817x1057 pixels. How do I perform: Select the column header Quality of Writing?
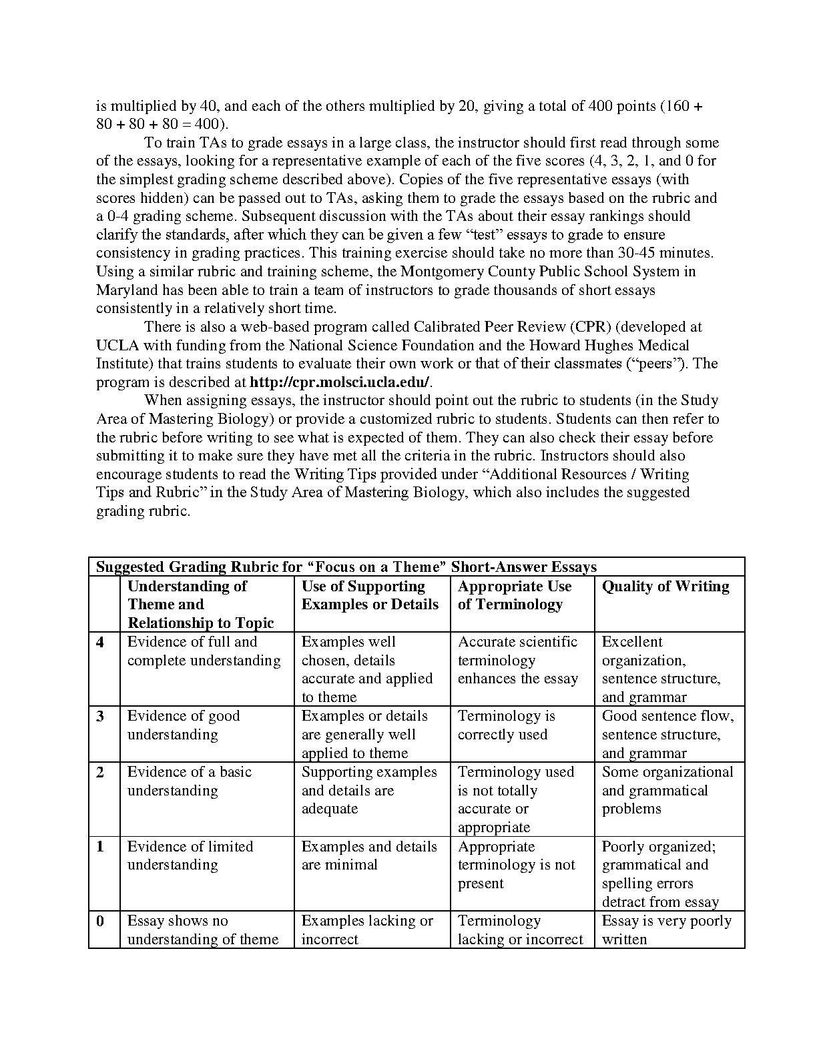pyautogui.click(x=665, y=587)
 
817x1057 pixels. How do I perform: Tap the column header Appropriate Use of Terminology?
pyautogui.click(x=515, y=595)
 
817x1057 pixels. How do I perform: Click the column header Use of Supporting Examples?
pyautogui.click(x=370, y=595)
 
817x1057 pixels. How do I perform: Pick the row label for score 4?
pyautogui.click(x=100, y=642)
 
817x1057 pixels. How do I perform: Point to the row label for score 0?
pyautogui.click(x=100, y=921)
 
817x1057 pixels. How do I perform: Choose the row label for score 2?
pyautogui.click(x=100, y=772)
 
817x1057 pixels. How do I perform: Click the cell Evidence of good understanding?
pyautogui.click(x=184, y=725)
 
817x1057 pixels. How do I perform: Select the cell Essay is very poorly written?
pyautogui.click(x=666, y=930)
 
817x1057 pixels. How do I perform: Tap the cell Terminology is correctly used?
pyautogui.click(x=506, y=725)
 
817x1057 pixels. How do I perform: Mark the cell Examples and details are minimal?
pyautogui.click(x=369, y=855)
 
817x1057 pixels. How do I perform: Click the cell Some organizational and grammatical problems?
pyautogui.click(x=667, y=790)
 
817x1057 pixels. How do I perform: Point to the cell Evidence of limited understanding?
pyautogui.click(x=190, y=855)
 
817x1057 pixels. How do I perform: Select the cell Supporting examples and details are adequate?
pyautogui.click(x=369, y=790)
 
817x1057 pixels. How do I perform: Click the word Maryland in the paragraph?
pyautogui.click(x=127, y=290)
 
